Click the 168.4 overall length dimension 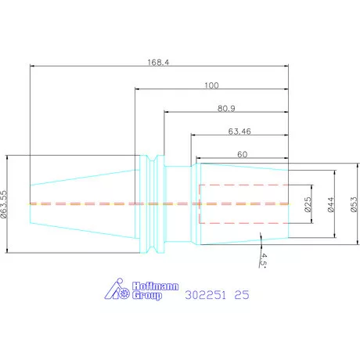158,63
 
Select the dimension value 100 211,85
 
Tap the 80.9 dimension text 226,108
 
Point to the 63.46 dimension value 239,131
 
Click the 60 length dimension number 243,154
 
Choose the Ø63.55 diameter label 4,204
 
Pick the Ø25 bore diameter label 308,204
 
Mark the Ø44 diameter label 330,204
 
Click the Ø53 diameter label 354,204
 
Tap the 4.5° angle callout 264,261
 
